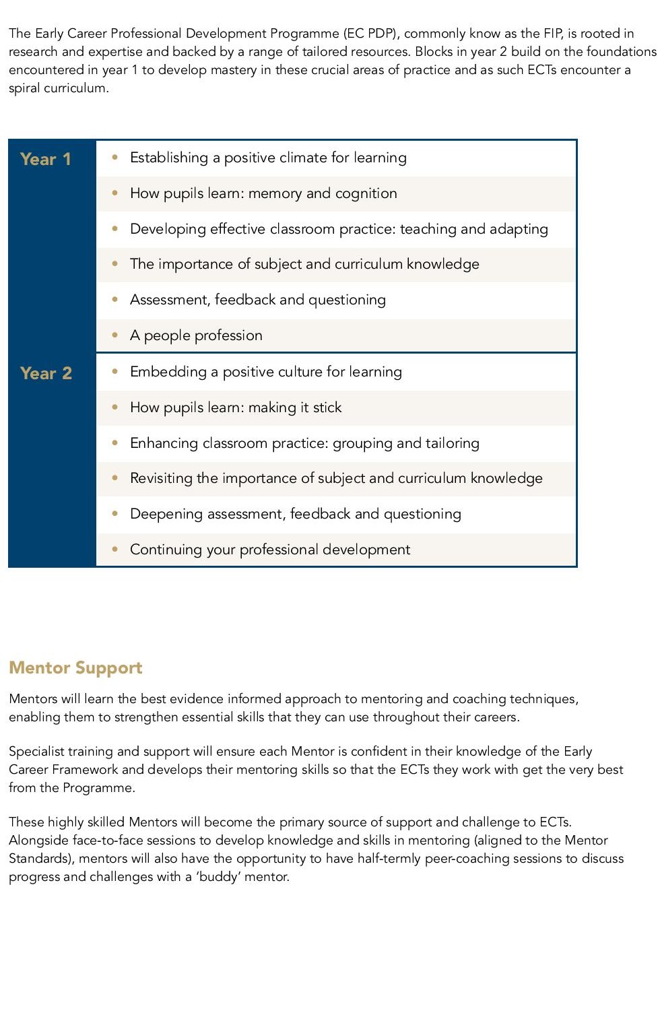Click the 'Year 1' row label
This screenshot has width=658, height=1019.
(x=46, y=160)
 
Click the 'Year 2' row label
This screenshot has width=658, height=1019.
(x=46, y=374)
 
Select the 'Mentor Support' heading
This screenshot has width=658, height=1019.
(x=75, y=667)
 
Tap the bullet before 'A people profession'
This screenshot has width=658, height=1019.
(x=115, y=335)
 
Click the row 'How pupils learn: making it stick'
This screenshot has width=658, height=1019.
(x=236, y=407)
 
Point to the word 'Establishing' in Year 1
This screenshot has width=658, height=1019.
(x=169, y=158)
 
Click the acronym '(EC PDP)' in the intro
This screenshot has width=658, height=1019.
(x=370, y=33)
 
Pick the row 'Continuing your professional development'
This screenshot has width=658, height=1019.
(x=269, y=550)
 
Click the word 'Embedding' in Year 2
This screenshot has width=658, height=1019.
(x=168, y=372)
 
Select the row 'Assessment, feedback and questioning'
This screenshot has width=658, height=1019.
(x=257, y=300)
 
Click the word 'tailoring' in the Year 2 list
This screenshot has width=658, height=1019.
(x=452, y=443)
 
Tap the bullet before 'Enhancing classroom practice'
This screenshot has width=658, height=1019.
(x=115, y=442)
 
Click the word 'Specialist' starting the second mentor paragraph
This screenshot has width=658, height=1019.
(x=38, y=752)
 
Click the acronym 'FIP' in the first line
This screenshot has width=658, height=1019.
(x=552, y=33)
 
